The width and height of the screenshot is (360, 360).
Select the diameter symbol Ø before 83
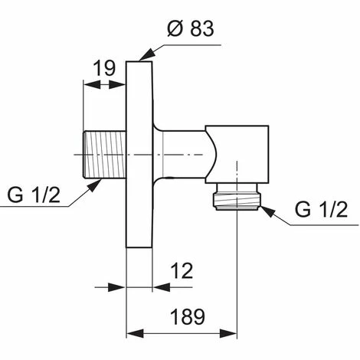(172, 31)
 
